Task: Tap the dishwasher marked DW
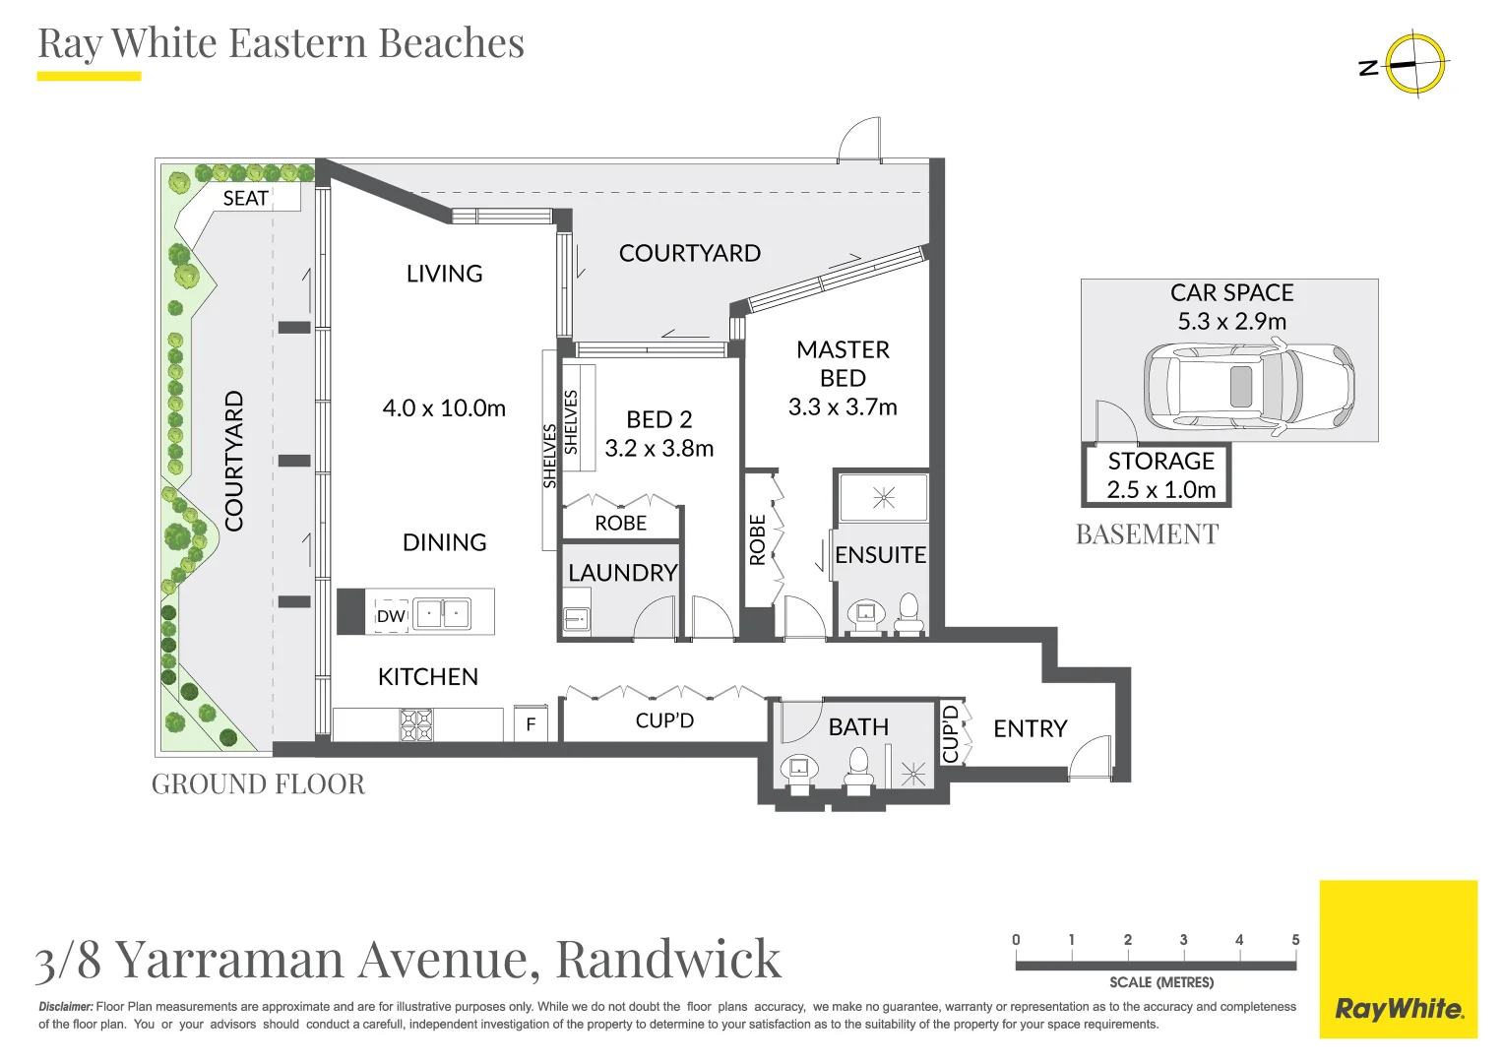pyautogui.click(x=391, y=616)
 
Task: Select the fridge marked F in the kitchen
pyautogui.click(x=531, y=724)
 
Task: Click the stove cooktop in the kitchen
pyautogui.click(x=415, y=724)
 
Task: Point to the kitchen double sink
pyautogui.click(x=442, y=614)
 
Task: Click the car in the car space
pyautogui.click(x=1248, y=386)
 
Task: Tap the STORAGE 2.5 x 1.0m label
pyautogui.click(x=1160, y=475)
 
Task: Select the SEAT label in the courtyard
pyautogui.click(x=245, y=198)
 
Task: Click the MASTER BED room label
pyautogui.click(x=843, y=363)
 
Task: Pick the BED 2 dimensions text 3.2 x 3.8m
pyautogui.click(x=658, y=449)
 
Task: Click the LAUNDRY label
pyautogui.click(x=622, y=573)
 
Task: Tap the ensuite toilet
pyautogui.click(x=908, y=613)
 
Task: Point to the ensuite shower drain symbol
pyautogui.click(x=883, y=497)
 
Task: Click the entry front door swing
pyautogui.click(x=1091, y=757)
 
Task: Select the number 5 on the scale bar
pyautogui.click(x=1295, y=940)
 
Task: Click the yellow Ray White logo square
pyautogui.click(x=1398, y=959)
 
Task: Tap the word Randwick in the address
pyautogui.click(x=668, y=960)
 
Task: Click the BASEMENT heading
pyautogui.click(x=1147, y=534)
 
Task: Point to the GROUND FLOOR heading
pyautogui.click(x=258, y=784)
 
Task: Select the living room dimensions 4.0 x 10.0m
pyautogui.click(x=444, y=408)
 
